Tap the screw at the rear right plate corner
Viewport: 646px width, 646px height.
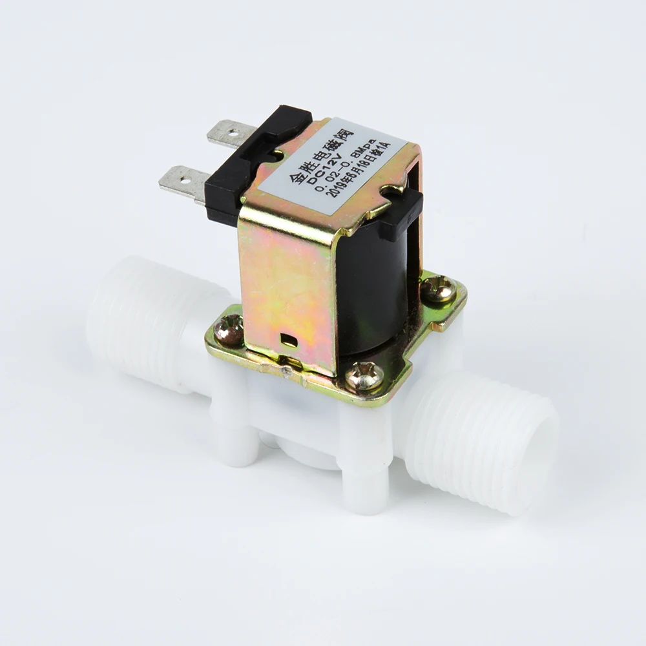click(439, 289)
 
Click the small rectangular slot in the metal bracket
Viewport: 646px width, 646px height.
click(289, 341)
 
